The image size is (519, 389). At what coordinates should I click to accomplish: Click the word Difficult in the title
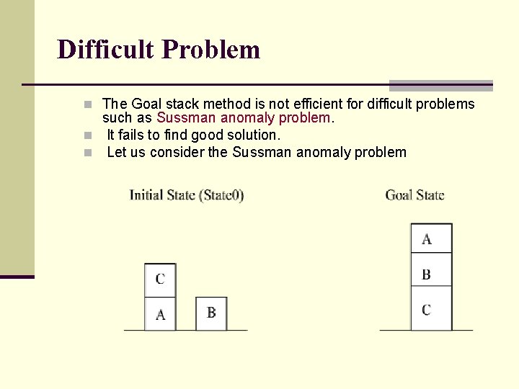[106, 50]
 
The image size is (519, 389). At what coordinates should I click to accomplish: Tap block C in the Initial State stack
[160, 280]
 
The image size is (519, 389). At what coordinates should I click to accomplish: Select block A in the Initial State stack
[160, 314]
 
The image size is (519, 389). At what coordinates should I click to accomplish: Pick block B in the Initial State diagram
[211, 313]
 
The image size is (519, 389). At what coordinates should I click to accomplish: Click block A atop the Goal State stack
[431, 238]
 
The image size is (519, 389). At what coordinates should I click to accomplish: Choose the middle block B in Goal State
[431, 274]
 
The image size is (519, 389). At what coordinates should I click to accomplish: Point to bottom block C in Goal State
[431, 309]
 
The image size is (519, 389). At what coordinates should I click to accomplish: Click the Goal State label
[414, 194]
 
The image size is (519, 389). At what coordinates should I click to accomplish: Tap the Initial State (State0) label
[187, 194]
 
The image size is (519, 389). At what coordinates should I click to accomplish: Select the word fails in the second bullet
[135, 135]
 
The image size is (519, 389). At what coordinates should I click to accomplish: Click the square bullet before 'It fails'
[87, 135]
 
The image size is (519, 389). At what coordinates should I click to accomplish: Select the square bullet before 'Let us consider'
[87, 153]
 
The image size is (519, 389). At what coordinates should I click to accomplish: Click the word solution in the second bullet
[252, 135]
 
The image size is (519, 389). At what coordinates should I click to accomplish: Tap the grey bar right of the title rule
[440, 85]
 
